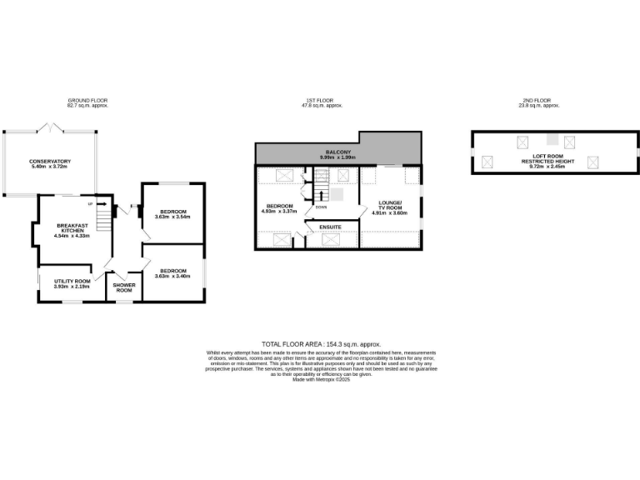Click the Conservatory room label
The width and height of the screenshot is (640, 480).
[50, 161]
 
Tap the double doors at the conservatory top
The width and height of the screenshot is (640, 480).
[51, 128]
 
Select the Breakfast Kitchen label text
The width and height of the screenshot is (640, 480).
[72, 228]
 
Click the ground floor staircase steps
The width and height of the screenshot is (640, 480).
[103, 218]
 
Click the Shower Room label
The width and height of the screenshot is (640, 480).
[123, 287]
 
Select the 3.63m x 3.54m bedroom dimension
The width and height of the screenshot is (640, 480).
[172, 217]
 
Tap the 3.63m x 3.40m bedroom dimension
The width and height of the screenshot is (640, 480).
[172, 276]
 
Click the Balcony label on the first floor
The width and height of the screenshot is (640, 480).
[337, 152]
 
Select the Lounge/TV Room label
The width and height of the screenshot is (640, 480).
[390, 205]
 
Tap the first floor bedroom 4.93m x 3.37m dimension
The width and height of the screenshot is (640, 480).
[279, 211]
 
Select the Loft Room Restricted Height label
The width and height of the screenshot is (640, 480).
[547, 162]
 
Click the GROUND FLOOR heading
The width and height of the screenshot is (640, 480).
[87, 101]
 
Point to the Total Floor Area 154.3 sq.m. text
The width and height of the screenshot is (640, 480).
[321, 344]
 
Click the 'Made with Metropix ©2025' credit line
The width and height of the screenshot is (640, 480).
[321, 380]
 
